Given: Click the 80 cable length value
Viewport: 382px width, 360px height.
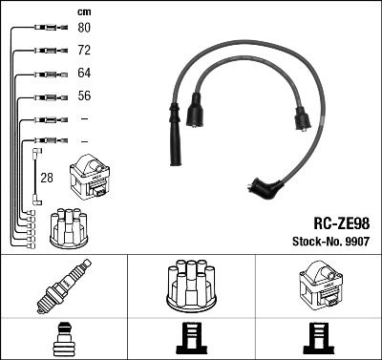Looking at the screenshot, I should [83, 27].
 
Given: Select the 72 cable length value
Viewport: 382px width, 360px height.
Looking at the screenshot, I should [83, 50].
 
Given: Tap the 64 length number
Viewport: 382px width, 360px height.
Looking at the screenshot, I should [83, 73].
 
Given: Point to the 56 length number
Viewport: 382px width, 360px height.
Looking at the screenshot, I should [83, 95].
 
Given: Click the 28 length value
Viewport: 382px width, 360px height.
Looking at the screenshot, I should [46, 178].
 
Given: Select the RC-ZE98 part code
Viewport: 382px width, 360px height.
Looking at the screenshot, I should [341, 222].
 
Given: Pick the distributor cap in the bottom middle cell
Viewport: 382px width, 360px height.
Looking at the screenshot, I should [191, 286].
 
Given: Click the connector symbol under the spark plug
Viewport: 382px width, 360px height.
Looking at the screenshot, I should [63, 339].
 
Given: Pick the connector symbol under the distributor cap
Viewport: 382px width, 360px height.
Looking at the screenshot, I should [191, 339].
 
